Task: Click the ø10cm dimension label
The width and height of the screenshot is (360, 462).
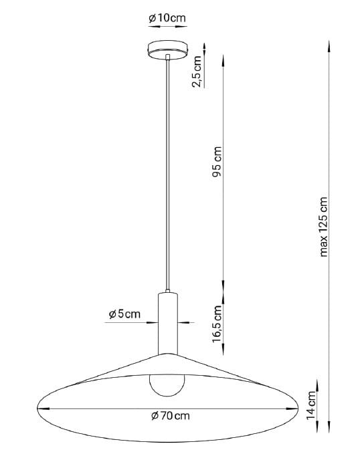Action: coord(167,18)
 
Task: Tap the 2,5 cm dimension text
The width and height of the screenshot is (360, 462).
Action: coord(197,72)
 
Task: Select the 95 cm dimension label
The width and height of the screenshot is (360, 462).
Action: coord(217,161)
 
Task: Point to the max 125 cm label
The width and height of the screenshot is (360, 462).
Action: coord(323,227)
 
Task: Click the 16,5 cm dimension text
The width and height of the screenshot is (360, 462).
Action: coord(217,324)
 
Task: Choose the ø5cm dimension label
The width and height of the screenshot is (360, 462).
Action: coord(124,314)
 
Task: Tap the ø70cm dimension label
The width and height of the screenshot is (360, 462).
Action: coord(171,416)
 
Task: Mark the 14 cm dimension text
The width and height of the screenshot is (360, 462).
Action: coord(310,405)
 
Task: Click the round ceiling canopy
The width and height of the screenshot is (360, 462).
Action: coord(167,50)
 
